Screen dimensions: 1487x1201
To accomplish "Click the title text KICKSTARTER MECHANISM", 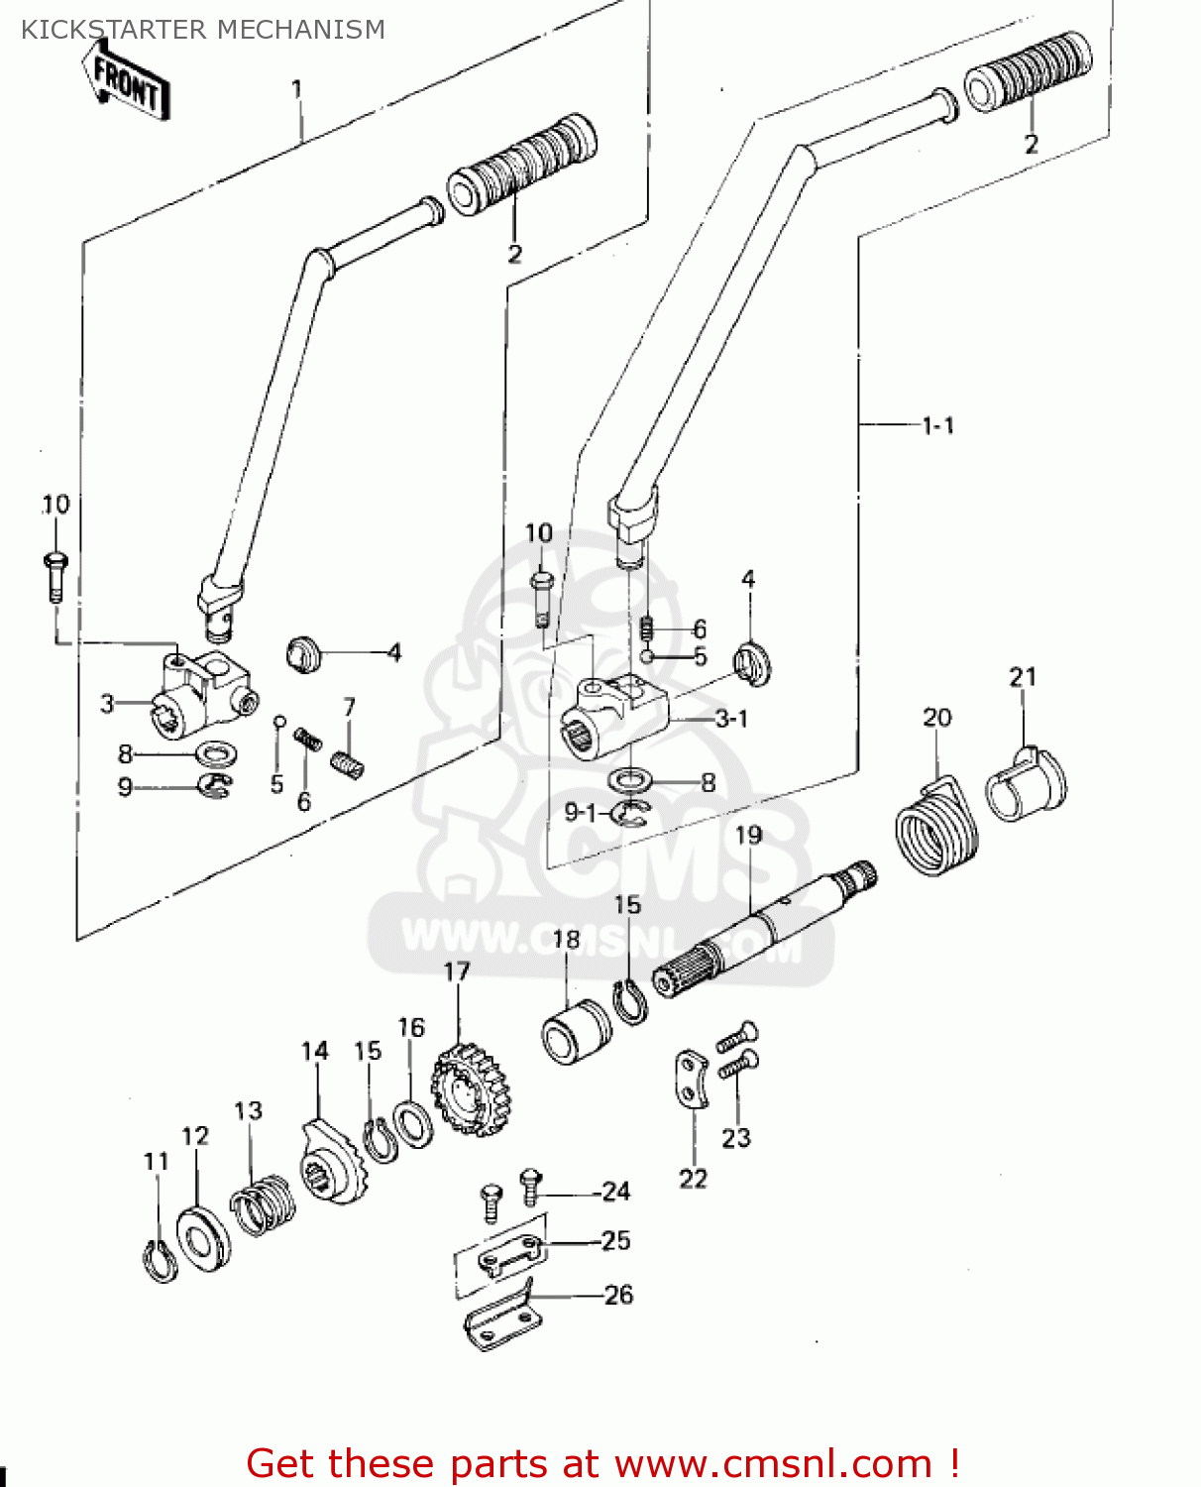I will [x=203, y=30].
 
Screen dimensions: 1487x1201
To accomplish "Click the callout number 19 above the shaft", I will [x=749, y=836].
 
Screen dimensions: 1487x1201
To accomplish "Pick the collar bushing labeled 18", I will [x=577, y=1031].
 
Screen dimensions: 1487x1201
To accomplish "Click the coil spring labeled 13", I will [x=264, y=1204].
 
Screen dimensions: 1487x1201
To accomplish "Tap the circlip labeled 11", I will [x=160, y=1262].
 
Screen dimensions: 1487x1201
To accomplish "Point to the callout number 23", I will [x=736, y=1138].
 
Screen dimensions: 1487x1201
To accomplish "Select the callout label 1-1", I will [x=937, y=426].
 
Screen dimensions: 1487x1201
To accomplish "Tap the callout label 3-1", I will [x=731, y=719].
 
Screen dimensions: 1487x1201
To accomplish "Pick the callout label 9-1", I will [x=581, y=813].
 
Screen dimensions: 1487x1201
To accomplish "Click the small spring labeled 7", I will [x=346, y=763].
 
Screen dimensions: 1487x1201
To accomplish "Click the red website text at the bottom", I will [x=601, y=1463].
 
